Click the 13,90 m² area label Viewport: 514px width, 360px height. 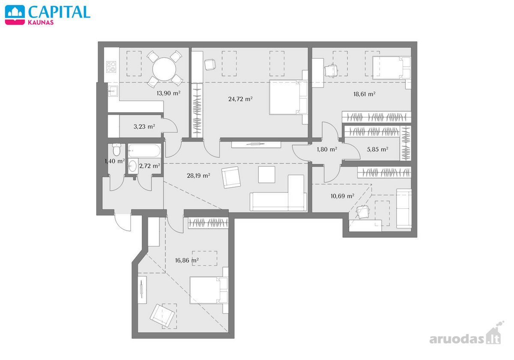click(168, 93)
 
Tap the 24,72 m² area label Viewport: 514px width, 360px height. click(240, 99)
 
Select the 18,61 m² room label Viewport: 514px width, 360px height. click(365, 94)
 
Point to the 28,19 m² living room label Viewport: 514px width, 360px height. click(198, 176)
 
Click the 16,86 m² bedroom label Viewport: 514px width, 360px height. click(187, 261)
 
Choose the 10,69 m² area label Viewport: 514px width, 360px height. click(342, 196)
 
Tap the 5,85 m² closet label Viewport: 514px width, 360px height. click(377, 150)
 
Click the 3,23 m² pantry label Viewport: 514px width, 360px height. click(144, 126)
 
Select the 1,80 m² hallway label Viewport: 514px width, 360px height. click(327, 150)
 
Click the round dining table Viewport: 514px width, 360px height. click(164, 69)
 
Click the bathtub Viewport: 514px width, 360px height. click(144, 150)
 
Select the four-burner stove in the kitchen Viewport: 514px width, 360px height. click(111, 67)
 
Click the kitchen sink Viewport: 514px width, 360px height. click(113, 91)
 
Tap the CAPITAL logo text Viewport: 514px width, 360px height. click(59, 12)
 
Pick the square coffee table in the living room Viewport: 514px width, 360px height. click(266, 175)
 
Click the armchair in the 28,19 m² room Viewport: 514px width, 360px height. click(231, 177)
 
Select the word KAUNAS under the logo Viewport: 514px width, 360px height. click(41, 22)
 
